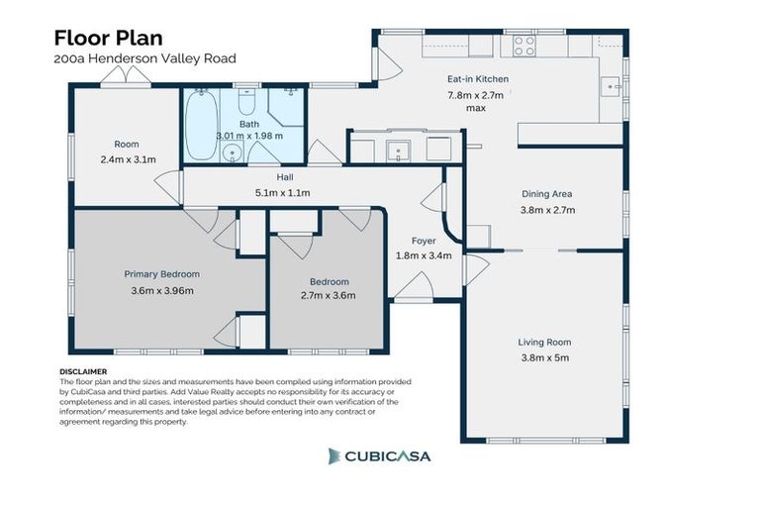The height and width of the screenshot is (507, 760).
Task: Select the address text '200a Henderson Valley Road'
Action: tap(144, 59)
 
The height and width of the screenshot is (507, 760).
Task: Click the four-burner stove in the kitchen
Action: tap(523, 46)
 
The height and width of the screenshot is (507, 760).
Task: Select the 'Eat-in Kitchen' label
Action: tap(477, 78)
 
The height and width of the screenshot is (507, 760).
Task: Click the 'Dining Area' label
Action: tap(547, 194)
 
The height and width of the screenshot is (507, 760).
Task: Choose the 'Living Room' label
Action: tap(544, 343)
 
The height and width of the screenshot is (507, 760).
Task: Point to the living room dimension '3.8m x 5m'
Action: tap(544, 357)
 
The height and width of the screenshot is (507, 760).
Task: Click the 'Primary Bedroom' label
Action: tap(161, 274)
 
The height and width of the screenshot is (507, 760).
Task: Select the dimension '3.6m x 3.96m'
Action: tap(161, 290)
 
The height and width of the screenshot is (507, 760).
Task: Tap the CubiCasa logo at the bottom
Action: tap(380, 456)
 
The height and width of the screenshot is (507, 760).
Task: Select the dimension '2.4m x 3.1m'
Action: tap(128, 158)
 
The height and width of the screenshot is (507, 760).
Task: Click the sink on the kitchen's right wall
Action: tap(615, 87)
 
